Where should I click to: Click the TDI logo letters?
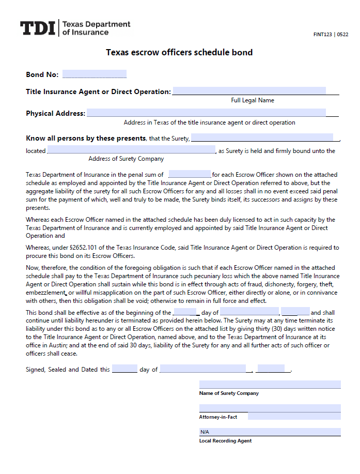click(37, 28)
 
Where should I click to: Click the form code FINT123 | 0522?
click(331, 35)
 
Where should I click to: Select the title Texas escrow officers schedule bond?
click(179, 53)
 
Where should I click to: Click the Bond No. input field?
click(94, 74)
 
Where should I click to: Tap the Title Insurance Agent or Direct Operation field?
click(249, 91)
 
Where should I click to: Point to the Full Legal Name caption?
click(253, 100)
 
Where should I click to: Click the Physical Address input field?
click(206, 113)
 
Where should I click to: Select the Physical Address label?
click(55, 113)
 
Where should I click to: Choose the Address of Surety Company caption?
click(126, 159)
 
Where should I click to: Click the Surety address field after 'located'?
click(131, 150)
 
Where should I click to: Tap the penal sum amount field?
click(189, 174)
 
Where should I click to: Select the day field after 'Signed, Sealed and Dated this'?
click(124, 369)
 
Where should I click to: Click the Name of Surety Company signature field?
click(270, 385)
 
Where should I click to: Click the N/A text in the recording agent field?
click(205, 432)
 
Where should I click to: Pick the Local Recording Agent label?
click(225, 441)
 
